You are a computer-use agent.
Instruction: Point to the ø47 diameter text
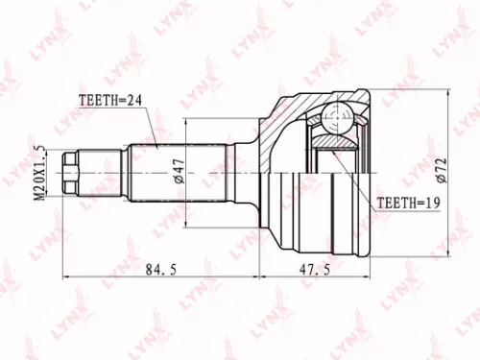(x=179, y=172)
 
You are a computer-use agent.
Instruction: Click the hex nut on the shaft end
(x=70, y=172)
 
